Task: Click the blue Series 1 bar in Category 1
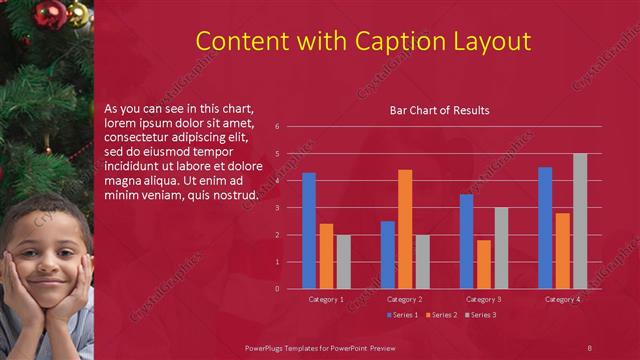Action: (x=309, y=231)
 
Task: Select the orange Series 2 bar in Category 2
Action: (x=405, y=229)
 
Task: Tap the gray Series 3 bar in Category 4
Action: (x=580, y=221)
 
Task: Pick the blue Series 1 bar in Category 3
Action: (x=466, y=241)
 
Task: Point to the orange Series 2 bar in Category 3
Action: (x=484, y=264)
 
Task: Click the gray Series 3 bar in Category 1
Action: (x=343, y=262)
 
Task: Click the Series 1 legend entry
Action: (x=403, y=315)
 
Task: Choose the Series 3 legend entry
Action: (x=481, y=315)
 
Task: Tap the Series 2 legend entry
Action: (x=442, y=315)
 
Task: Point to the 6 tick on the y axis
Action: (x=290, y=127)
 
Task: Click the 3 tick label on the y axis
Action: (x=290, y=208)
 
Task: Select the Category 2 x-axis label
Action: (x=404, y=299)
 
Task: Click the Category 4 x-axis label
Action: (x=561, y=299)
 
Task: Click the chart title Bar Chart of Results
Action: (x=439, y=110)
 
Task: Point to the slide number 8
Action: (x=589, y=347)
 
